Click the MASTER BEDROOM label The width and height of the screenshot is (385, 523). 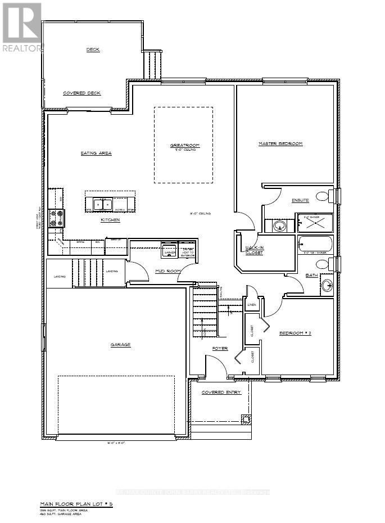pos(280,144)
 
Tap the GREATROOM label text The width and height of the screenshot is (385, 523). pos(184,146)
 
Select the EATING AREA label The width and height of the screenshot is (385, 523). pos(96,153)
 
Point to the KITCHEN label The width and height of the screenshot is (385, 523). pos(110,220)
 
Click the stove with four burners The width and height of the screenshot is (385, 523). pos(57,218)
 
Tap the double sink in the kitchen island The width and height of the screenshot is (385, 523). pos(103,204)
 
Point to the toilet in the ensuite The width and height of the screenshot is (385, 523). pos(323,196)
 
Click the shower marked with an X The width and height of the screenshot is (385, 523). pos(315,223)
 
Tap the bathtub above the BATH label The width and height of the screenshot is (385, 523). pos(315,245)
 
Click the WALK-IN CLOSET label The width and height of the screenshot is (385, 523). pos(254,250)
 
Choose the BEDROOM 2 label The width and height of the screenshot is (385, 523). pos(295,333)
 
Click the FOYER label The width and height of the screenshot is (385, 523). pos(220,349)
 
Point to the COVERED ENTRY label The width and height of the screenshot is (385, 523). pos(221,393)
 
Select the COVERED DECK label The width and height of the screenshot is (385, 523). pos(81,93)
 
